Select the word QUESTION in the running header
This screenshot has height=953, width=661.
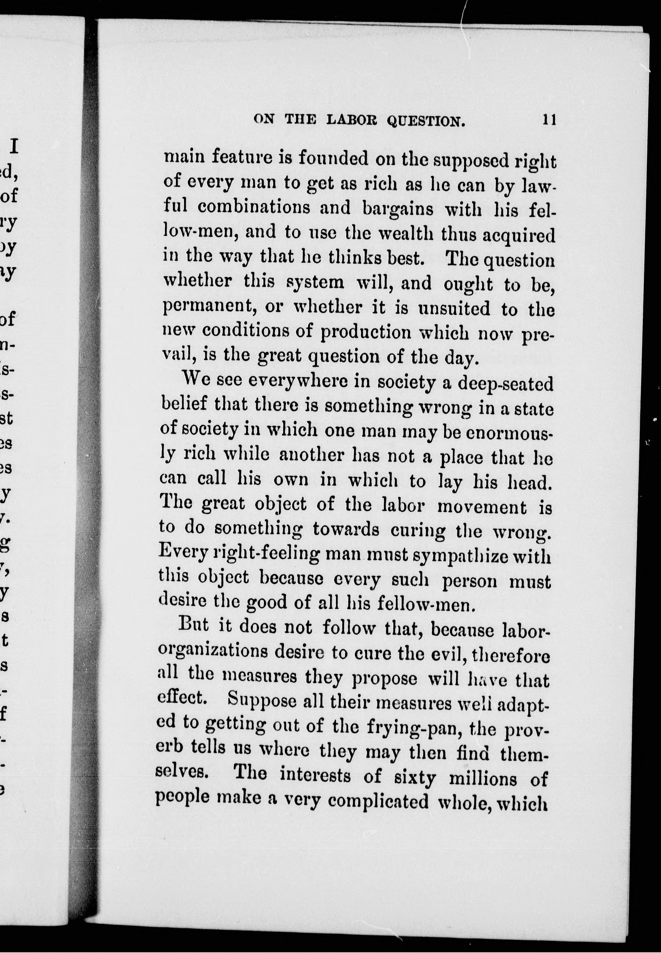[x=425, y=121]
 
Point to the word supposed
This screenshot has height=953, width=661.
[x=470, y=160]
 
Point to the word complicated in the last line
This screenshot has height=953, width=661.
[x=378, y=802]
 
